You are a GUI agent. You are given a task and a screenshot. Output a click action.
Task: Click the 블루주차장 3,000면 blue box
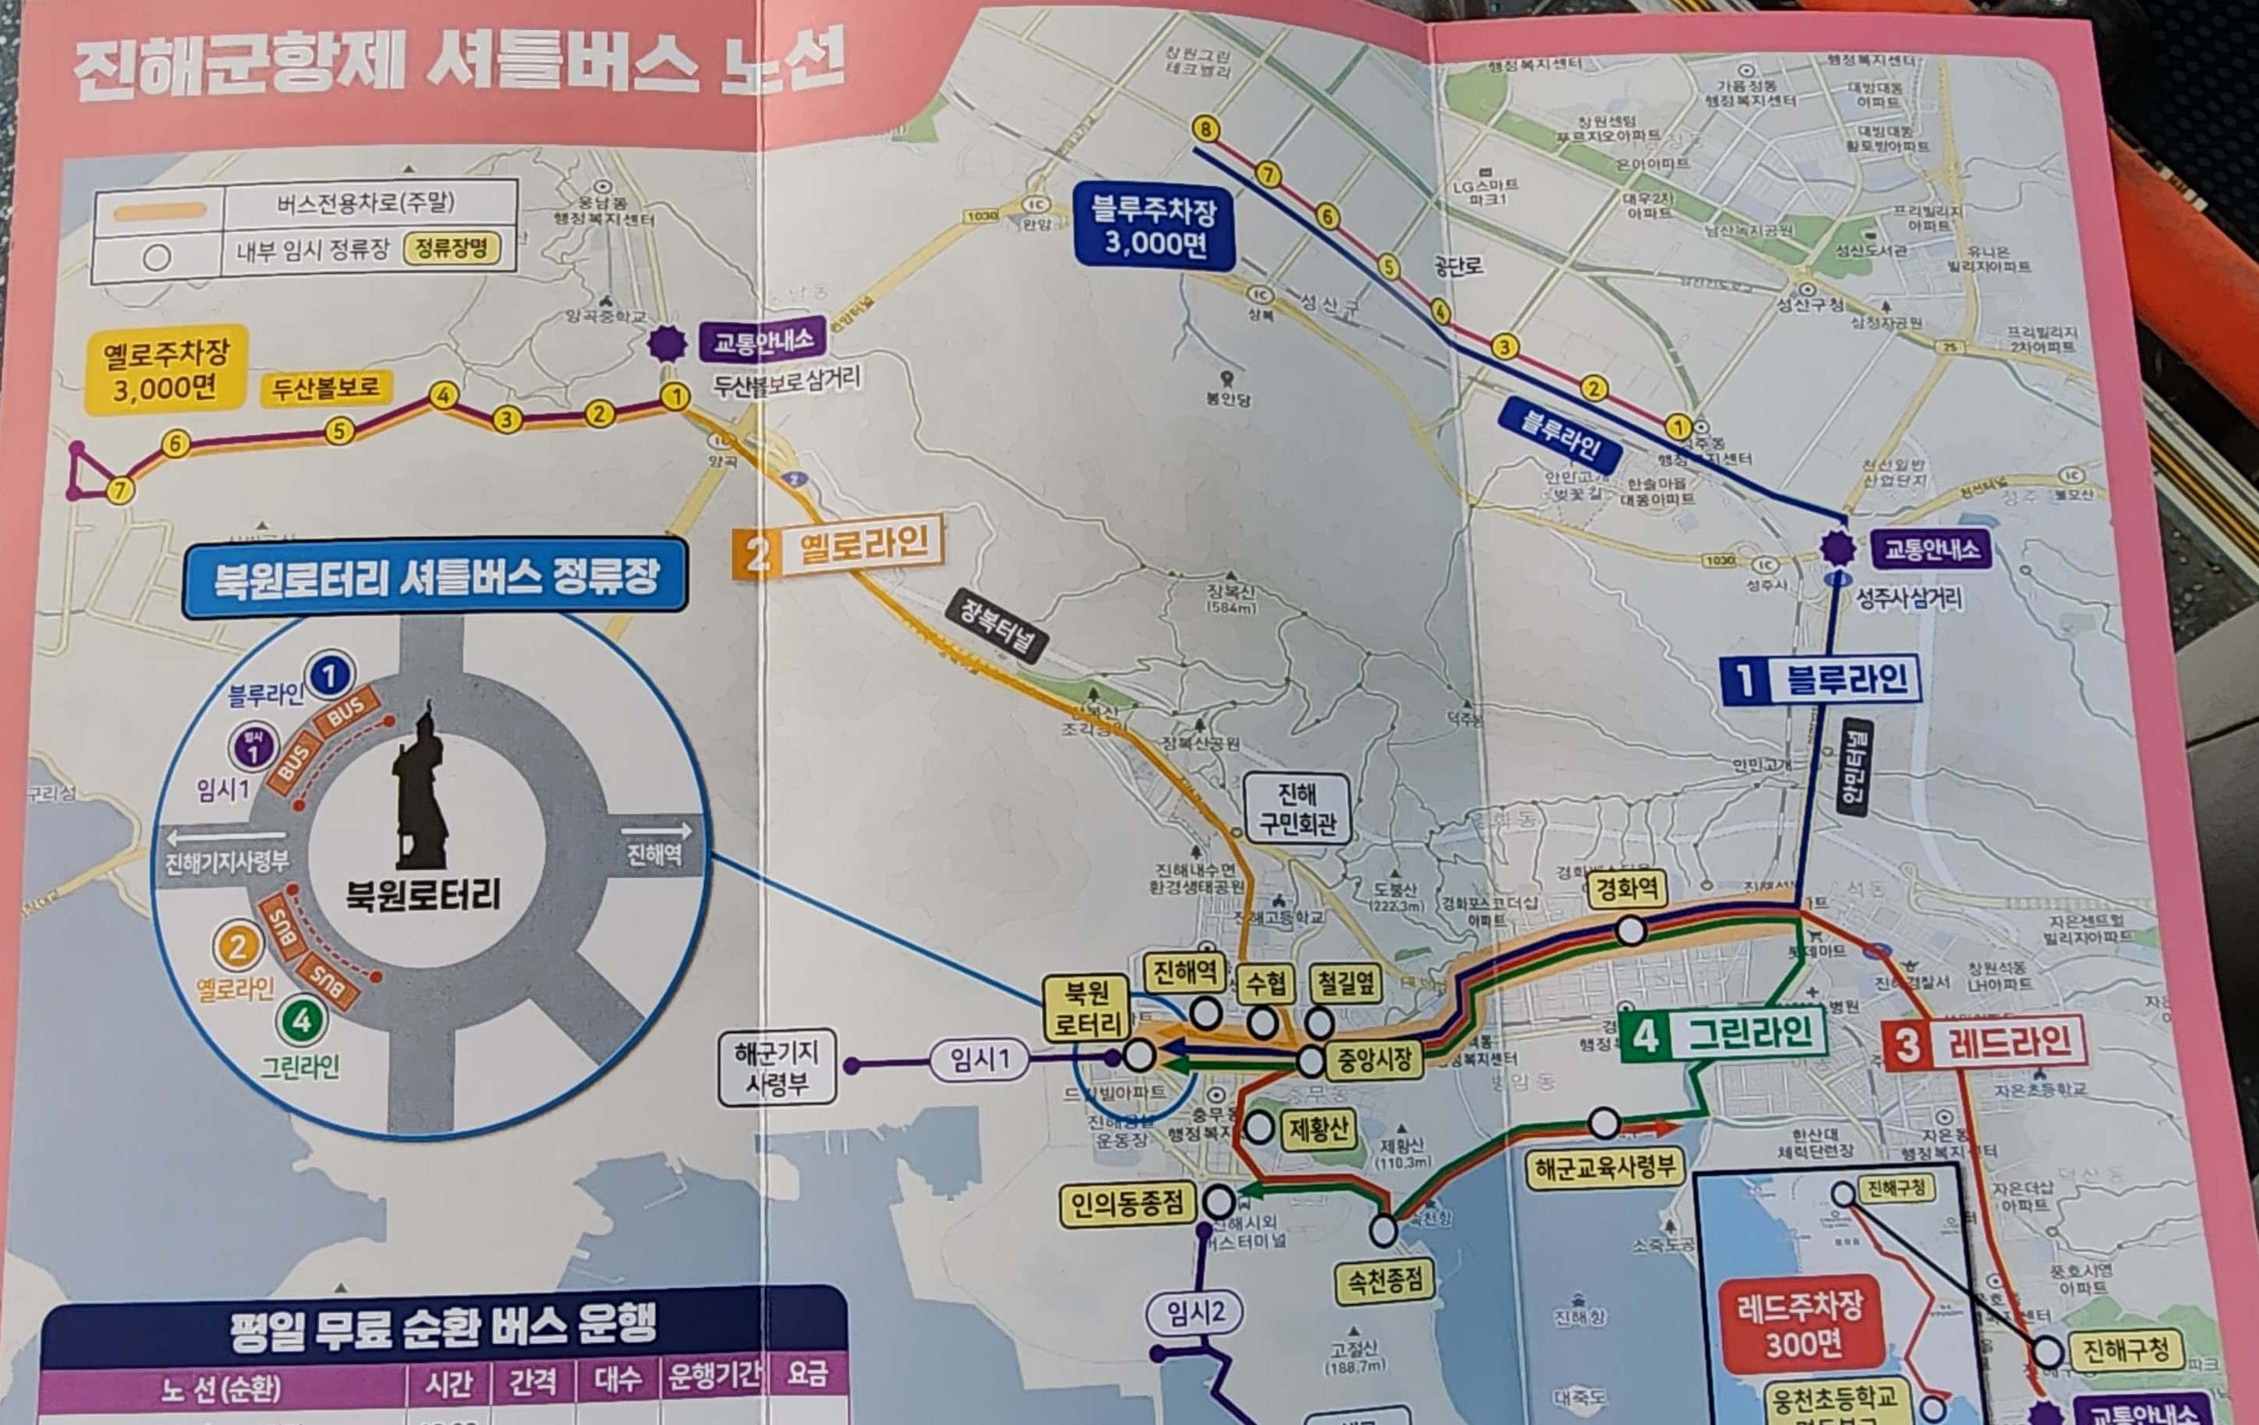coord(1154,227)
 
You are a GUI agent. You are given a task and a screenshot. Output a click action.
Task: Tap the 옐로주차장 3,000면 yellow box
coord(166,369)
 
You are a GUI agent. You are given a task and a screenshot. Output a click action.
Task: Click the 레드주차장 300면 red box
coord(1801,1325)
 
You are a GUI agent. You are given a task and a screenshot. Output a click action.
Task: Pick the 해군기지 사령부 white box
coord(776,1068)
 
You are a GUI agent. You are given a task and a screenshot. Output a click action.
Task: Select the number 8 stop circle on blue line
coord(1205,128)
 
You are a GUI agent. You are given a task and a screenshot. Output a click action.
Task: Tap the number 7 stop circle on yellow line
coord(119,490)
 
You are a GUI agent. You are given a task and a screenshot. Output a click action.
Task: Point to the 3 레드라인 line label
coord(1984,1042)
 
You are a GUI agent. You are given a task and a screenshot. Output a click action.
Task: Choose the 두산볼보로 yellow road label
coord(325,388)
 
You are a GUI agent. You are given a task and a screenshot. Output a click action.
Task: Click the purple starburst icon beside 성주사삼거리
coord(1836,548)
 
